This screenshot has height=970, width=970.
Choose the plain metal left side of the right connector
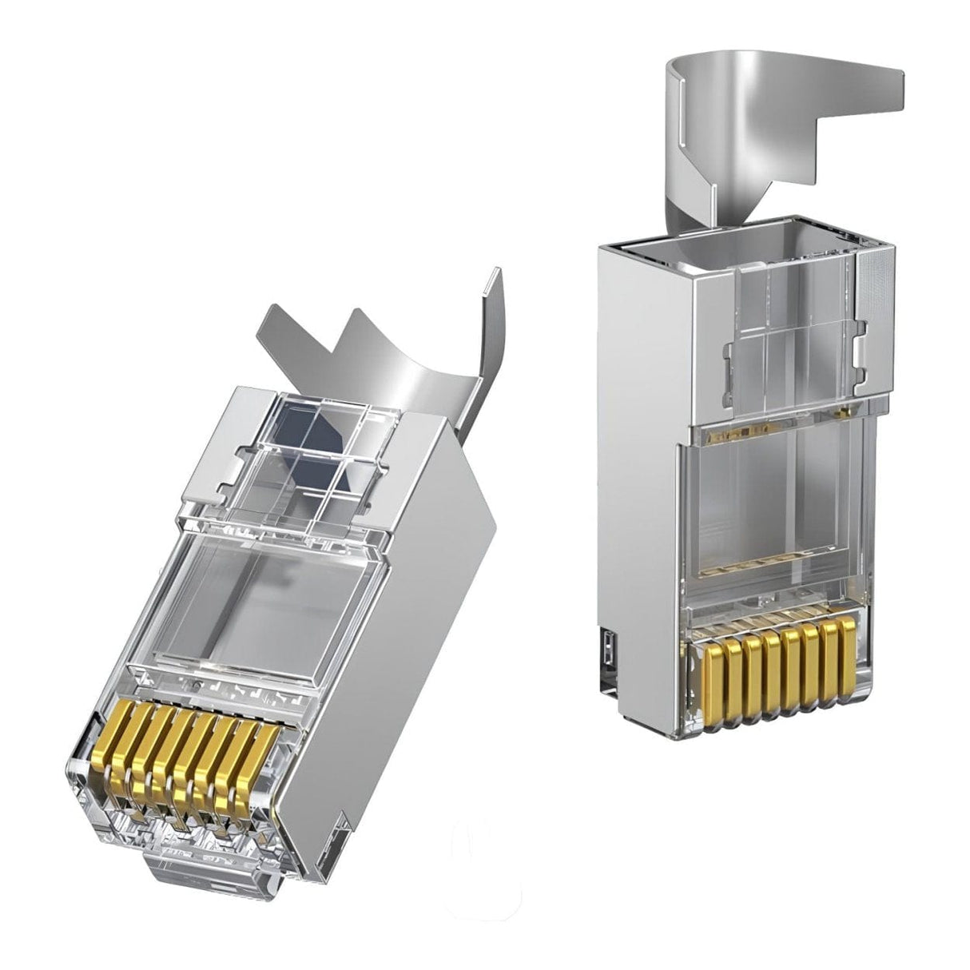point(635,447)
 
